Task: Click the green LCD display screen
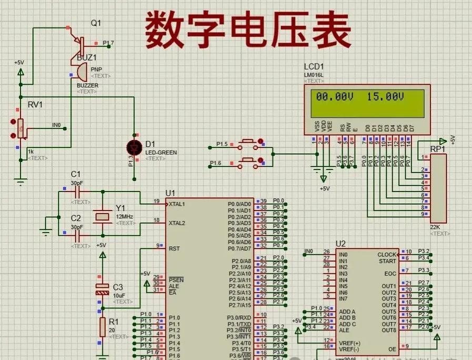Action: (x=367, y=103)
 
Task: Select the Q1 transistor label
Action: (x=96, y=23)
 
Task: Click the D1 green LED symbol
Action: (x=135, y=147)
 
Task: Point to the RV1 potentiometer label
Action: (x=35, y=105)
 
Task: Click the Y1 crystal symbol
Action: (x=101, y=216)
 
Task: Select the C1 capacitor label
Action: (x=76, y=174)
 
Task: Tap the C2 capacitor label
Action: (x=76, y=218)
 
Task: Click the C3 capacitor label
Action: (x=118, y=287)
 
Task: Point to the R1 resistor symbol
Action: (x=102, y=326)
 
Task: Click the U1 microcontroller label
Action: (x=170, y=193)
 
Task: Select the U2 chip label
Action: (x=340, y=243)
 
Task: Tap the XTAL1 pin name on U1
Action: (x=177, y=204)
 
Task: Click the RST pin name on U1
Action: (x=174, y=248)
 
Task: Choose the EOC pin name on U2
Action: (x=390, y=274)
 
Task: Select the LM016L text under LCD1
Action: (x=314, y=75)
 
